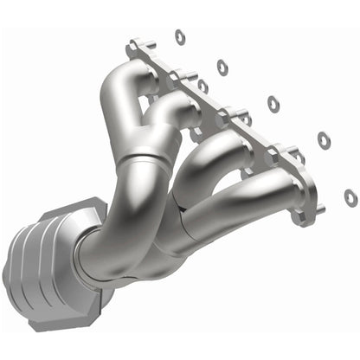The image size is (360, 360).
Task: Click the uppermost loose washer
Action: tap(180, 35)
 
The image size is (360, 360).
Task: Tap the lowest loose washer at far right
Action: tap(350, 197)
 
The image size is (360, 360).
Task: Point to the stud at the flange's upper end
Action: tap(138, 45)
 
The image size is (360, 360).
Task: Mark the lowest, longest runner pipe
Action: tap(251, 186)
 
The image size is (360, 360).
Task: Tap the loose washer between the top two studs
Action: tap(202, 86)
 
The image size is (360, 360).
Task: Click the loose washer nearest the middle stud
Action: tap(273, 104)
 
